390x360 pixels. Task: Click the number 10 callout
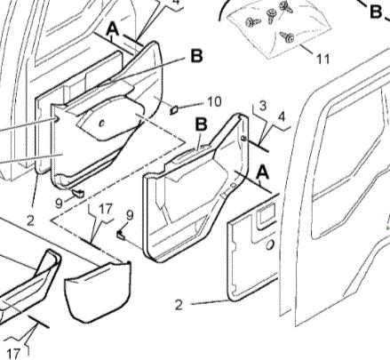[x=214, y=101]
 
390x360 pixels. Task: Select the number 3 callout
[x=263, y=107]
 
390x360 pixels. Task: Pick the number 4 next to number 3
[x=283, y=116]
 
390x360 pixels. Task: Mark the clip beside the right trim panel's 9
[x=120, y=235]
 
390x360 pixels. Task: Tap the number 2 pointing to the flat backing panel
[x=179, y=305]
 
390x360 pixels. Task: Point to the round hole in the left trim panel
[x=103, y=122]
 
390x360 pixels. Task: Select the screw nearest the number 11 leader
[x=289, y=36]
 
